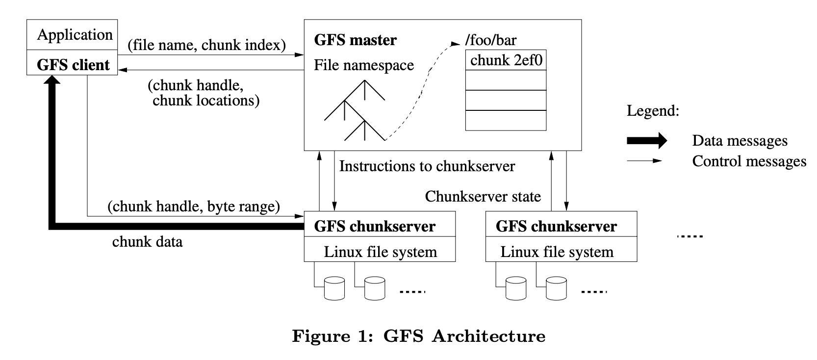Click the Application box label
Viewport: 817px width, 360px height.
point(75,35)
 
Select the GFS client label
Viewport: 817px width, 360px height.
point(73,65)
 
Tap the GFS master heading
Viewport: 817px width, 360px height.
point(355,40)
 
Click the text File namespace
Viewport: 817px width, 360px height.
point(364,65)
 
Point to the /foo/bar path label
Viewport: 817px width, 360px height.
point(490,40)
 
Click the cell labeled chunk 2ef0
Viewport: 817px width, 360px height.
point(506,60)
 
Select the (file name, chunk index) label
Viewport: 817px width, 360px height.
point(206,45)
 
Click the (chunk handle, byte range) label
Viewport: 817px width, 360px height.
point(194,206)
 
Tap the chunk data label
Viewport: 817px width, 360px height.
point(147,241)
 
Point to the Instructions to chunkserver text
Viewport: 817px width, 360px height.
point(427,166)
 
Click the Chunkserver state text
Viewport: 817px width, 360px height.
point(483,197)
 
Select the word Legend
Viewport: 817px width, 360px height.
point(653,110)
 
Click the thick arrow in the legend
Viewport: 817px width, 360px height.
point(647,141)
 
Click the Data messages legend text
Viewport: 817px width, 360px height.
point(740,141)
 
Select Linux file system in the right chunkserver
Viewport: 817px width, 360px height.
point(557,252)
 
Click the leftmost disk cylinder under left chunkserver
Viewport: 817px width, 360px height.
point(334,288)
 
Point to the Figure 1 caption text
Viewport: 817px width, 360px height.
point(418,336)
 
